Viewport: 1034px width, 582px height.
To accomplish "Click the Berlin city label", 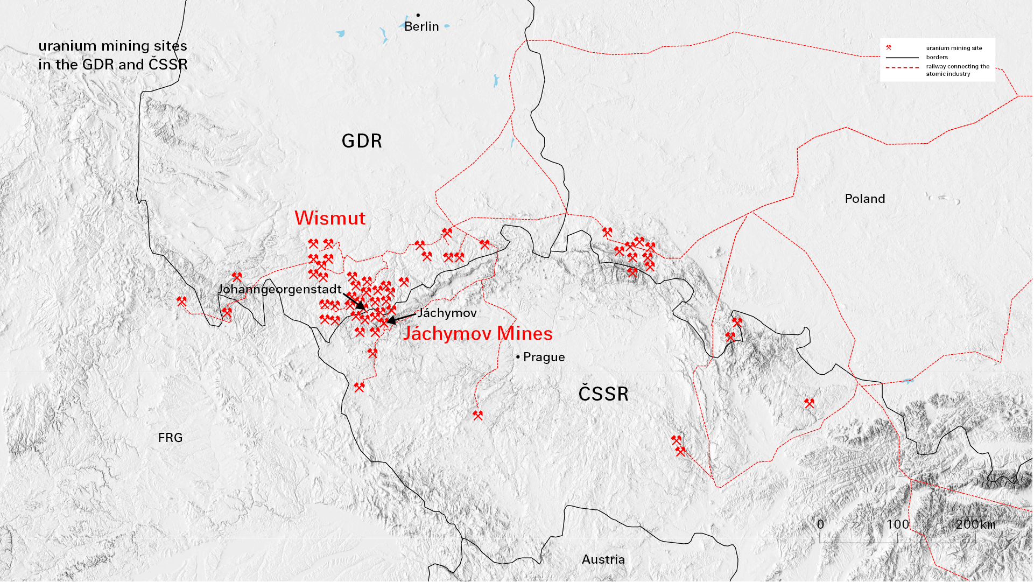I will pyautogui.click(x=421, y=26).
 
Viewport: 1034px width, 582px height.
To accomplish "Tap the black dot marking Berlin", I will pyautogui.click(x=418, y=15).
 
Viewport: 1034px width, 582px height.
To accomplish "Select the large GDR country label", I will pyautogui.click(x=362, y=141).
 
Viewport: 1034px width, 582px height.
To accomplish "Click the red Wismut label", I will pyautogui.click(x=329, y=218).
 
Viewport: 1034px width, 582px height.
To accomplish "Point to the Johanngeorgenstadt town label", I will pyautogui.click(x=279, y=289).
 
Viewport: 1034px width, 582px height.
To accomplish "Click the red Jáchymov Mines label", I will pyautogui.click(x=477, y=334).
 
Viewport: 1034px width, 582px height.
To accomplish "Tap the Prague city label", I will pyautogui.click(x=544, y=357).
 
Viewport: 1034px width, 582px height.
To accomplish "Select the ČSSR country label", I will pyautogui.click(x=603, y=394).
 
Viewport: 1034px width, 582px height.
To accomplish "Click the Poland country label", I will pyautogui.click(x=864, y=199).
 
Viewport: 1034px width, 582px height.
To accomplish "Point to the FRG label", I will pyautogui.click(x=170, y=438).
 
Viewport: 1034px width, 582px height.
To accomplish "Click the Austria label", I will pyautogui.click(x=603, y=559).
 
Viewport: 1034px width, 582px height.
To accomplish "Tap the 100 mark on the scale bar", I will pyautogui.click(x=897, y=524).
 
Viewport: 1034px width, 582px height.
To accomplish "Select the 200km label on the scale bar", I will pyautogui.click(x=975, y=524).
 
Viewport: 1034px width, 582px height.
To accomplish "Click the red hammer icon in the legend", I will pyautogui.click(x=889, y=48).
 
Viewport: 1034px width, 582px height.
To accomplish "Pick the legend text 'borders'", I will pyautogui.click(x=937, y=57).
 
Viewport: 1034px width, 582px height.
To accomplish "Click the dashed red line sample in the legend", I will pyautogui.click(x=902, y=68).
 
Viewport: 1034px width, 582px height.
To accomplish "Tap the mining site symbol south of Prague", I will pyautogui.click(x=477, y=415).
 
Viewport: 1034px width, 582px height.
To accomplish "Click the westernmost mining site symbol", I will pyautogui.click(x=181, y=301).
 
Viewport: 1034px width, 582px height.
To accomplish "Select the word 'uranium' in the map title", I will pyautogui.click(x=60, y=46).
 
